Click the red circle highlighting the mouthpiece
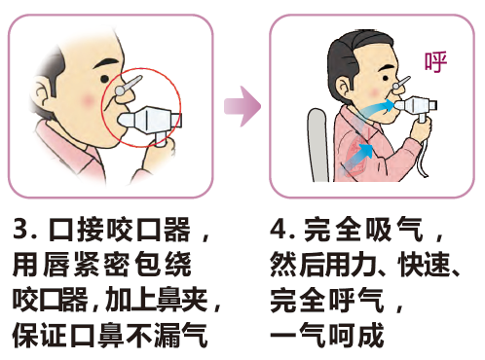[101, 107]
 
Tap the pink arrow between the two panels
[242, 106]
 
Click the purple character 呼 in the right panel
[436, 61]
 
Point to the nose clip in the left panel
[129, 86]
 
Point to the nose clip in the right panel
[401, 83]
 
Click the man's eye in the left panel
[104, 79]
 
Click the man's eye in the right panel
[386, 78]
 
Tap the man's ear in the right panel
[343, 89]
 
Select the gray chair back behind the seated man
[317, 144]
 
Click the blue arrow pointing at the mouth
[373, 109]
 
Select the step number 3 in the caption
[20, 229]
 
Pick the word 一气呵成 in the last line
[327, 335]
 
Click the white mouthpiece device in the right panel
[416, 106]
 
